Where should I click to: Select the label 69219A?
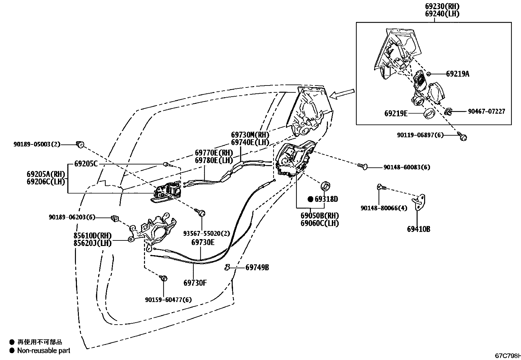458,74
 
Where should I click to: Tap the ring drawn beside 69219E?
429,114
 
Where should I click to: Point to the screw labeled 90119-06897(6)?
463,138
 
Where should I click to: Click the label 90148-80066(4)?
384,208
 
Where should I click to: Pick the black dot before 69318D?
310,199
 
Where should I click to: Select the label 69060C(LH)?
320,223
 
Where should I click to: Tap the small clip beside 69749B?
227,268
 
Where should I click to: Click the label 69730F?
195,283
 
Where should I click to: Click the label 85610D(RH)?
92,236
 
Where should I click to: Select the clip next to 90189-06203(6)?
115,218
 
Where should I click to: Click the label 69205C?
86,164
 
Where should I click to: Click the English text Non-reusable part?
44,351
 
